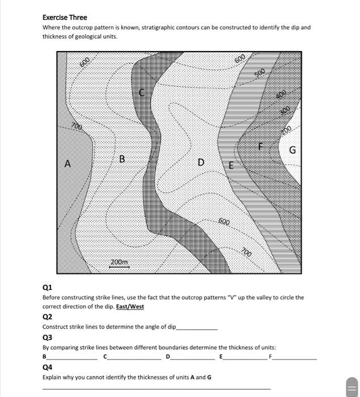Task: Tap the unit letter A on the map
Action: pyautogui.click(x=67, y=164)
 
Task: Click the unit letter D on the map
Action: pyautogui.click(x=201, y=163)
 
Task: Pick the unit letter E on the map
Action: pyautogui.click(x=231, y=165)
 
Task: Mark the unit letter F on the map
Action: pyautogui.click(x=262, y=146)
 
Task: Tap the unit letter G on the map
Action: pyautogui.click(x=293, y=150)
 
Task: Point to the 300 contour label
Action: pyautogui.click(x=285, y=109)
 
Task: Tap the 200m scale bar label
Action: pyautogui.click(x=119, y=262)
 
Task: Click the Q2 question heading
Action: pyautogui.click(x=48, y=316)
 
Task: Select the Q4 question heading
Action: pyautogui.click(x=48, y=367)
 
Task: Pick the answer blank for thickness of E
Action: pyautogui.click(x=245, y=357)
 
